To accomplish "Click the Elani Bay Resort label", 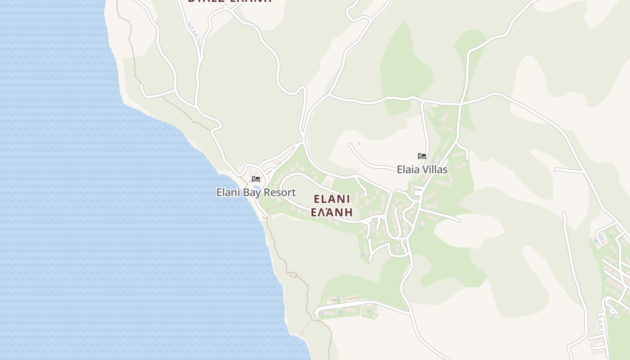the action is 256,192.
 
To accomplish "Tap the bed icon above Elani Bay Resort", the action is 256,179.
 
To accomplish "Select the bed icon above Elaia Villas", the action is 422,156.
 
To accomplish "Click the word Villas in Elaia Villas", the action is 435,170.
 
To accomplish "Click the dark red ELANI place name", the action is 332,199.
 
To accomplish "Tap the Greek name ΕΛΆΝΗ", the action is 332,212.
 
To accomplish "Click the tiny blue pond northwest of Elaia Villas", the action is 359,144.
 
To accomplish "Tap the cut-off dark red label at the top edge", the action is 230,1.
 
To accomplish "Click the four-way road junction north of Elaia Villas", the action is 460,103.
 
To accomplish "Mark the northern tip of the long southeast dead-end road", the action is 563,212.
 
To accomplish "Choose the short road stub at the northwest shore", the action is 142,85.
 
